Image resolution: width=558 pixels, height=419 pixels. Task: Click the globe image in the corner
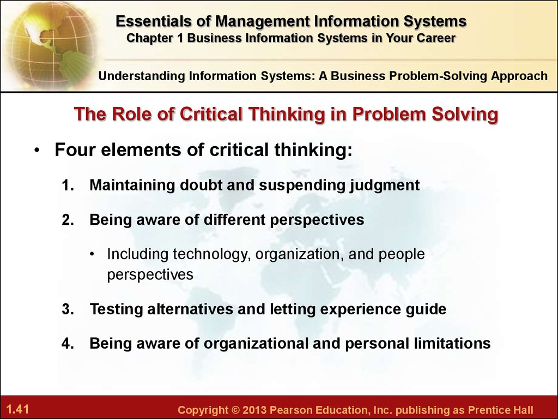(50, 45)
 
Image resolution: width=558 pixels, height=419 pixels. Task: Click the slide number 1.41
(17, 409)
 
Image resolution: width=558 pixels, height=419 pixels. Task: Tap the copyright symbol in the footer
(235, 410)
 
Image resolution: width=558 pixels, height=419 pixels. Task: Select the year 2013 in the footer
(254, 410)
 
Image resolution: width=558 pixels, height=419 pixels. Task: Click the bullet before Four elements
(38, 151)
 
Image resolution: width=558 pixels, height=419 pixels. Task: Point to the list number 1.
(68, 185)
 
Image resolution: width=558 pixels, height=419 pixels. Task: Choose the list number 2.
(68, 220)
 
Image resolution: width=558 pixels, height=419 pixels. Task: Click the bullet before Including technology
(93, 254)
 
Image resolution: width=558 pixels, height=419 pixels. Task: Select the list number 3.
(68, 309)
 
